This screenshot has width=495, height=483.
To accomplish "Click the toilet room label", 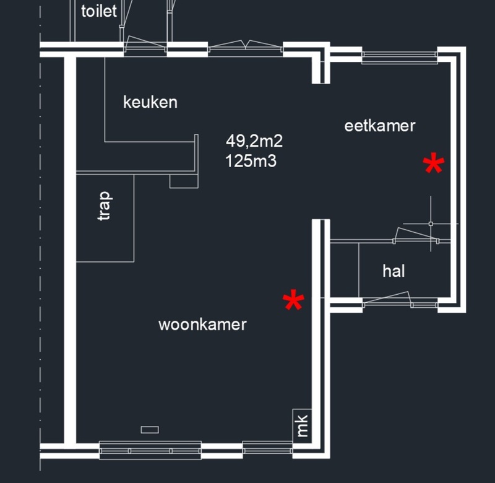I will point(99,11).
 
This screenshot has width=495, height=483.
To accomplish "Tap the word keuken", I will point(150,102).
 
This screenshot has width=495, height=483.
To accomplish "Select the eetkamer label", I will point(379,126).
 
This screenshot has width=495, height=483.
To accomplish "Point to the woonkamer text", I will point(202,324).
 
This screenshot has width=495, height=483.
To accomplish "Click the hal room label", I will point(394,271).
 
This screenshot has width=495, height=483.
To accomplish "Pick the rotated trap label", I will point(105,206).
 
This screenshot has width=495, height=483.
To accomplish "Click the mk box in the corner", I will point(302,425).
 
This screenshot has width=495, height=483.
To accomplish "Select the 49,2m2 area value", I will point(254,141).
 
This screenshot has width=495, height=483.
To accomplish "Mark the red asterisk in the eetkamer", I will point(433,165).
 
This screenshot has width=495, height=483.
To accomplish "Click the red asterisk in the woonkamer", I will point(293,302).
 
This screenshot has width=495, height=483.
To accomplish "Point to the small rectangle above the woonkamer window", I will point(150,430).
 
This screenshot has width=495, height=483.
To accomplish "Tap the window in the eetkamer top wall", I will point(399,57).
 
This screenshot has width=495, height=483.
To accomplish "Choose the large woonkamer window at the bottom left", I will point(150,450).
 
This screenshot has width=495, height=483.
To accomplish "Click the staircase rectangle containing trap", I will point(105,218).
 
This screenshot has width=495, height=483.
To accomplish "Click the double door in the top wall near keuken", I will point(246,47).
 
